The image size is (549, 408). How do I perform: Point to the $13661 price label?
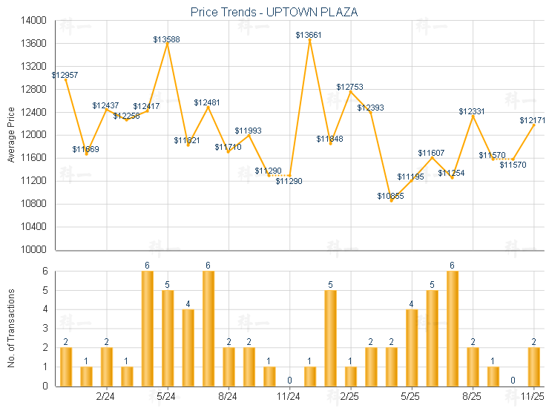(x=309, y=35)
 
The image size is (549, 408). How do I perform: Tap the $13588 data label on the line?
(x=167, y=39)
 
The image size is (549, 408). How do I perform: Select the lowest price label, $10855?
(x=390, y=196)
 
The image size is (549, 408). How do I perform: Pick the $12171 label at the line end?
(x=533, y=120)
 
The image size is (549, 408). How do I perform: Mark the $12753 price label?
(x=349, y=87)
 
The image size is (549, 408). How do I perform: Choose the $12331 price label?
(x=472, y=111)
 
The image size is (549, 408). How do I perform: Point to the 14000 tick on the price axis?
(x=33, y=21)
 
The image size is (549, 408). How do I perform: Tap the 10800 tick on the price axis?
(x=33, y=204)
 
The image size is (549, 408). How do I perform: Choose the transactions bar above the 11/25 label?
(x=533, y=366)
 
